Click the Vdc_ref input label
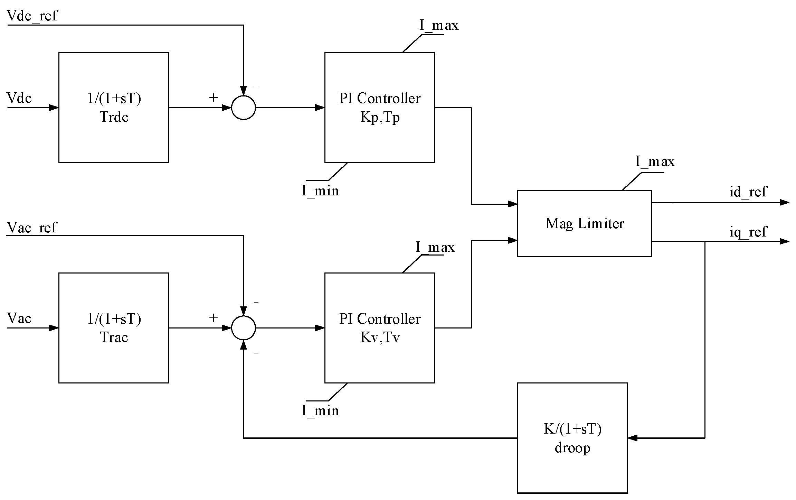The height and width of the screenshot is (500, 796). click(32, 16)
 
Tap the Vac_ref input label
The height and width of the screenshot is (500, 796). click(31, 228)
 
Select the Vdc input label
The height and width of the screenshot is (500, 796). click(19, 98)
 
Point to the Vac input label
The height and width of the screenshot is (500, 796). click(19, 318)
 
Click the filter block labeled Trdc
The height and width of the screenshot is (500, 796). click(114, 108)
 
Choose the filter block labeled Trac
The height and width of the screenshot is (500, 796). click(114, 328)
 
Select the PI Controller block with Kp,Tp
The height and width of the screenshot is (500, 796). click(379, 108)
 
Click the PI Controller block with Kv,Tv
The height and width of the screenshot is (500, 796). click(379, 328)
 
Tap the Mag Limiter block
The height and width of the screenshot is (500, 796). click(584, 223)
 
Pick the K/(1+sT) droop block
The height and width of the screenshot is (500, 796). click(572, 438)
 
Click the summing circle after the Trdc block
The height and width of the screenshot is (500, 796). click(243, 108)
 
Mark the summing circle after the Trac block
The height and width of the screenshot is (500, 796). click(243, 328)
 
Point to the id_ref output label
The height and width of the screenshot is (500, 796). click(748, 192)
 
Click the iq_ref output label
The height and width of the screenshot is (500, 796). click(748, 232)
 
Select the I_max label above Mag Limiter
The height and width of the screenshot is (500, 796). click(655, 162)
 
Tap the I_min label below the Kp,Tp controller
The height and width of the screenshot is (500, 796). click(320, 191)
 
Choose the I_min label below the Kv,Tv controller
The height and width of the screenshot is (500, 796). click(320, 411)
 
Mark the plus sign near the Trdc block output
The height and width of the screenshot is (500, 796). click(213, 98)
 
